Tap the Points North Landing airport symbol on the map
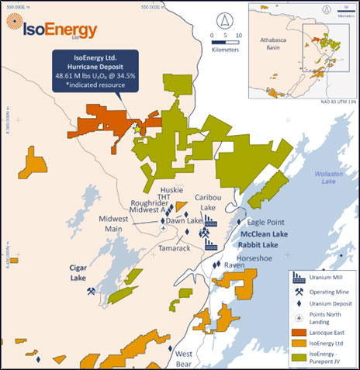(x=163, y=228)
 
